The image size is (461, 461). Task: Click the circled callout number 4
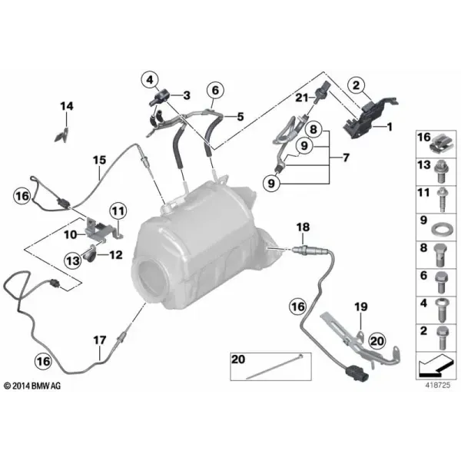pyautogui.click(x=150, y=80)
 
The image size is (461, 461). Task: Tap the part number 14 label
pyautogui.click(x=67, y=106)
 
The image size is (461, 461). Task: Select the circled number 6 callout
pyautogui.click(x=215, y=90)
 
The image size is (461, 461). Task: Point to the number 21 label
pyautogui.click(x=302, y=98)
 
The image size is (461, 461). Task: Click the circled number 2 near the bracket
pyautogui.click(x=356, y=85)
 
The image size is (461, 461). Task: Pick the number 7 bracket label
pyautogui.click(x=346, y=158)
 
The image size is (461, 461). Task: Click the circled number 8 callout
pyautogui.click(x=313, y=129)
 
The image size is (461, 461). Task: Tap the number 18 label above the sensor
pyautogui.click(x=303, y=227)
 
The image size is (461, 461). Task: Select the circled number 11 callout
pyautogui.click(x=118, y=211)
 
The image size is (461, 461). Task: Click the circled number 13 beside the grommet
pyautogui.click(x=73, y=260)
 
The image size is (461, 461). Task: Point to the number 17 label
pyautogui.click(x=99, y=340)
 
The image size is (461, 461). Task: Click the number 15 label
pyautogui.click(x=99, y=161)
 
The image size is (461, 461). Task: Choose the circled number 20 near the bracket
pyautogui.click(x=377, y=341)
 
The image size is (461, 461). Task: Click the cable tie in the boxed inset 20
pyautogui.click(x=274, y=366)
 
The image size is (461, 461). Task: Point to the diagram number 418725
pyautogui.click(x=437, y=385)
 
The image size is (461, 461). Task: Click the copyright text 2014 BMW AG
pyautogui.click(x=32, y=386)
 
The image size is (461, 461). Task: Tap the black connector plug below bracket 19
pyautogui.click(x=357, y=373)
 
